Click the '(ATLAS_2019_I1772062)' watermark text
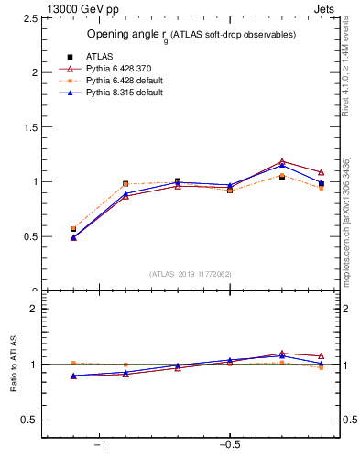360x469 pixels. [x=191, y=274]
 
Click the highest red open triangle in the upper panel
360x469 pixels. [x=282, y=161]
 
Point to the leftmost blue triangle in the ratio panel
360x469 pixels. [x=73, y=376]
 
